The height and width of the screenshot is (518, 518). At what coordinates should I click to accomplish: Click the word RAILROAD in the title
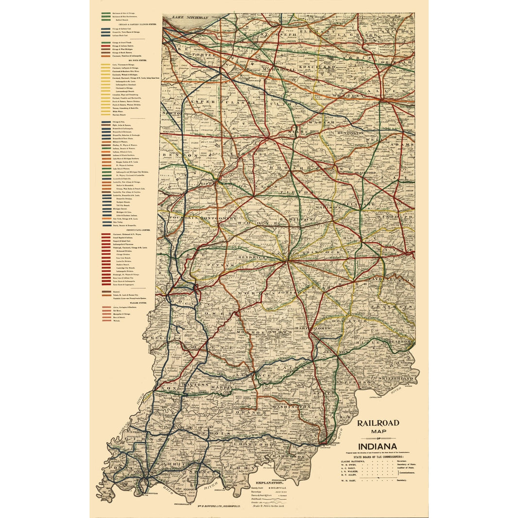tap(378, 423)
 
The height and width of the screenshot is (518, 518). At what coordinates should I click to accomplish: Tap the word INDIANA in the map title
tap(377, 447)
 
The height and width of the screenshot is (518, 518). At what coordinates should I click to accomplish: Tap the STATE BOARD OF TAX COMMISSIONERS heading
tap(378, 456)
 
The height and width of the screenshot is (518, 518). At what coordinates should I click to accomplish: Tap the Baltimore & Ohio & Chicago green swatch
tap(105, 14)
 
